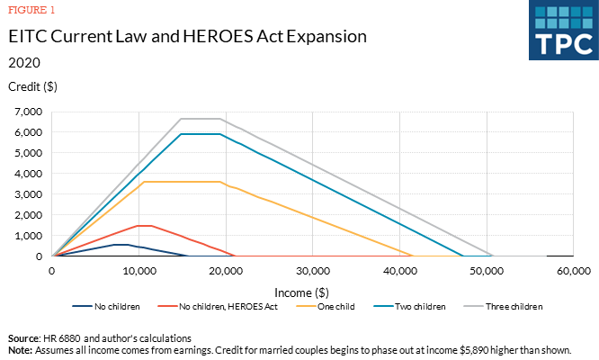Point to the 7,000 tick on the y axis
[29, 112]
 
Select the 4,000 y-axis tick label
[29, 174]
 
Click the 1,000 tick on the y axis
[29, 236]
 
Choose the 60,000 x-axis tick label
[572, 270]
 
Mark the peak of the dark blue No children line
[118, 244]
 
